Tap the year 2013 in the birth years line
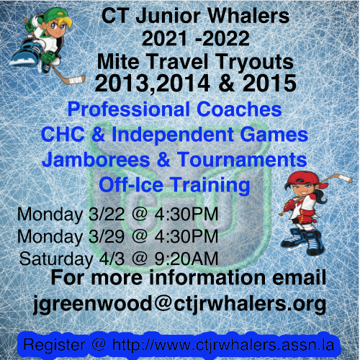tap(123, 81)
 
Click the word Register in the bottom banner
tap(55, 346)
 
